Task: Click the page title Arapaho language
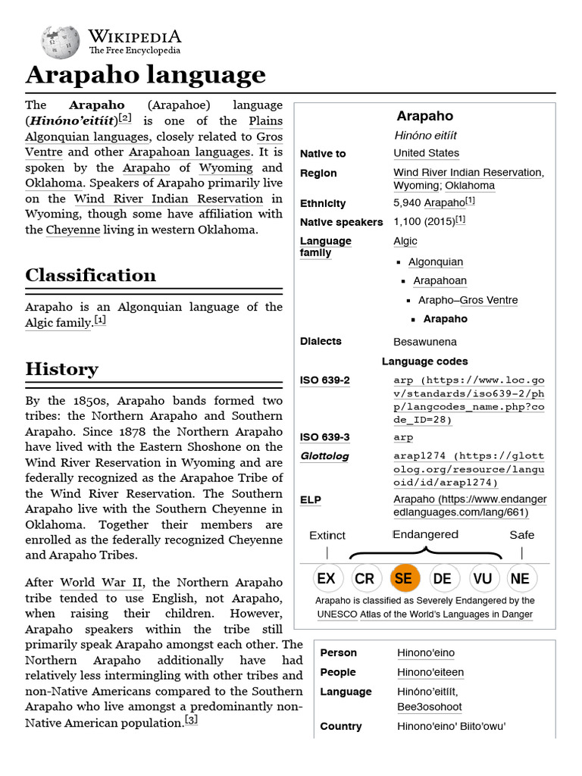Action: click(145, 75)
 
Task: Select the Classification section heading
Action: click(90, 275)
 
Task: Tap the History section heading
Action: click(61, 369)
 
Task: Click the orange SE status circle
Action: click(404, 578)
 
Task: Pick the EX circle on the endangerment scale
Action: click(326, 578)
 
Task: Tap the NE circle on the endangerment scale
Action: click(521, 578)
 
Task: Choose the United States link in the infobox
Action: click(426, 153)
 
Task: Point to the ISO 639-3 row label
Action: click(324, 437)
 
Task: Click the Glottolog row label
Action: click(325, 456)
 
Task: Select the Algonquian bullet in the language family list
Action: click(435, 261)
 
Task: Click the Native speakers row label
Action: click(341, 222)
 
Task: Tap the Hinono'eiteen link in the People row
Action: click(430, 672)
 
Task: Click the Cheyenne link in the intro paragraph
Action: click(73, 230)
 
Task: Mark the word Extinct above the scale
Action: click(327, 535)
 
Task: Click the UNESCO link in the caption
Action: click(337, 614)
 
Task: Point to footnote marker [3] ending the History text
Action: click(191, 721)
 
